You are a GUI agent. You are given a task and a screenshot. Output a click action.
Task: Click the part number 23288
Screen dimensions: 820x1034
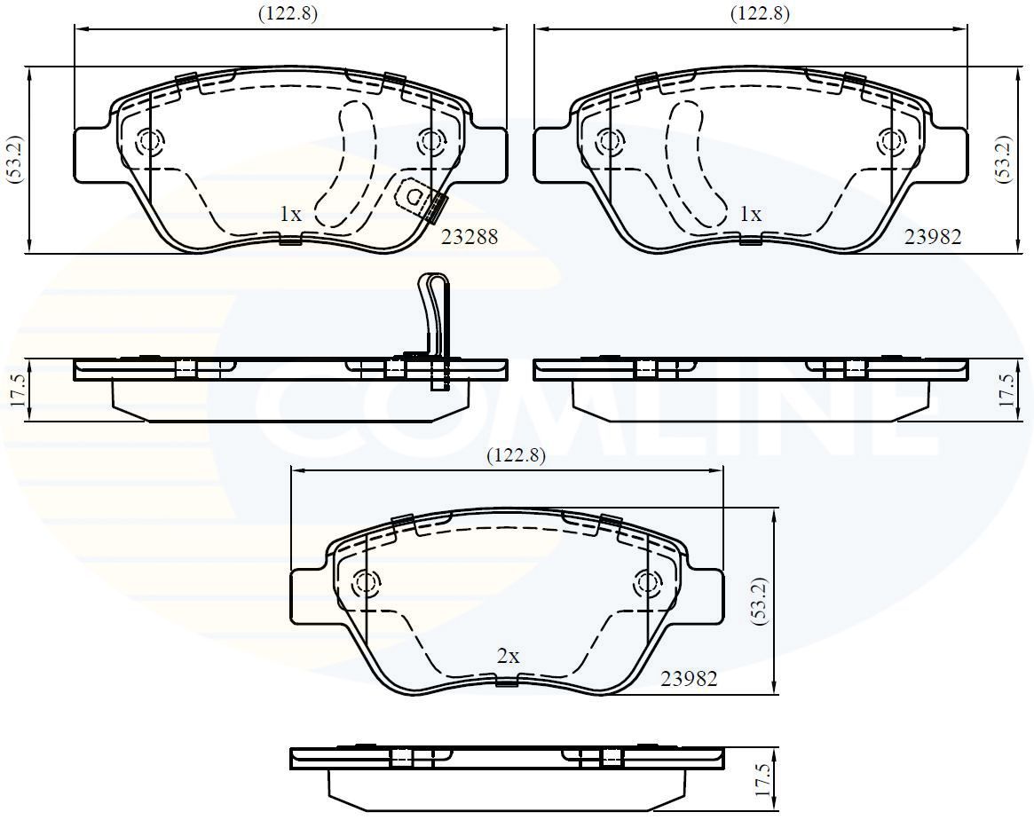[x=470, y=237]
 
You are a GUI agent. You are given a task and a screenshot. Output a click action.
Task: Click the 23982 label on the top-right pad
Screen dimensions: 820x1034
[x=932, y=237]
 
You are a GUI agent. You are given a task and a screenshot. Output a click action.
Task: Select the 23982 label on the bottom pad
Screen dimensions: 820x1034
[x=688, y=679]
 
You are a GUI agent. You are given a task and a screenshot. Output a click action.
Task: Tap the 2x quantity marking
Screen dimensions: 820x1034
[x=508, y=657]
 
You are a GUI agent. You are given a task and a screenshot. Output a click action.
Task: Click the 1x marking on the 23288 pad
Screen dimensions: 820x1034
[x=290, y=214]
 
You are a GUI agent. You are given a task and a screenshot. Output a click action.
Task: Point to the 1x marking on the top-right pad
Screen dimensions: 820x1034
[x=751, y=214]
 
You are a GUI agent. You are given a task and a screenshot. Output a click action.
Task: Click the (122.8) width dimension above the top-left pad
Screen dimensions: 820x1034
[x=288, y=13]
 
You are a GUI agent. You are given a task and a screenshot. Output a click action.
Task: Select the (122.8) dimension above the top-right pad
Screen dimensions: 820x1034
[x=760, y=13]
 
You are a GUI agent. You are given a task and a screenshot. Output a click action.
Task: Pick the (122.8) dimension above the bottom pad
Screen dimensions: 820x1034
[x=516, y=455]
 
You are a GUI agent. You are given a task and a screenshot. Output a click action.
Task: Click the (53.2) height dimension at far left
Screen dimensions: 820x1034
[x=12, y=159]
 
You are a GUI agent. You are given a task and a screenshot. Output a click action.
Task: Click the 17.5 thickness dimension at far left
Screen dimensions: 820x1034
[x=12, y=390]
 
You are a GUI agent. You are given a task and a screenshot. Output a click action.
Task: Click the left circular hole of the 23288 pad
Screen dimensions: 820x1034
[x=149, y=140]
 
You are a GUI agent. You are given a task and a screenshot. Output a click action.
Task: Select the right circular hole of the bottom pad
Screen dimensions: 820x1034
[x=646, y=583]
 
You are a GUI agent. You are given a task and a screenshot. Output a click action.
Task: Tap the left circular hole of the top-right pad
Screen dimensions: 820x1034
[x=608, y=140]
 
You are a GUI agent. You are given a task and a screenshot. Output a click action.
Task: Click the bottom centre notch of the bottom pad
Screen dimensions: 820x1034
[x=507, y=682]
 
